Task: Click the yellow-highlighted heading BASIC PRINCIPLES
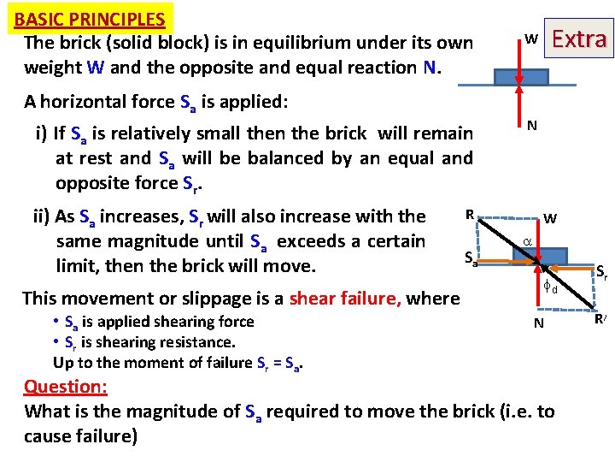point(90,19)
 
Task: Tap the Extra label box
point(580,39)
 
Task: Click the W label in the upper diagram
point(530,39)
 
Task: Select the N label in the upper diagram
point(531,126)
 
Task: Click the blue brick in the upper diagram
point(517,74)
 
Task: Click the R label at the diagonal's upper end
point(469,213)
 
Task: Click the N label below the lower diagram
point(538,323)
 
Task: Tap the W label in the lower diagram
point(550,219)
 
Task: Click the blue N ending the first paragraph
point(429,67)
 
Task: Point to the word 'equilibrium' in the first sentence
point(247,43)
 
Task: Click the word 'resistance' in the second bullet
point(197,342)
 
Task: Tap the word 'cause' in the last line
point(50,436)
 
